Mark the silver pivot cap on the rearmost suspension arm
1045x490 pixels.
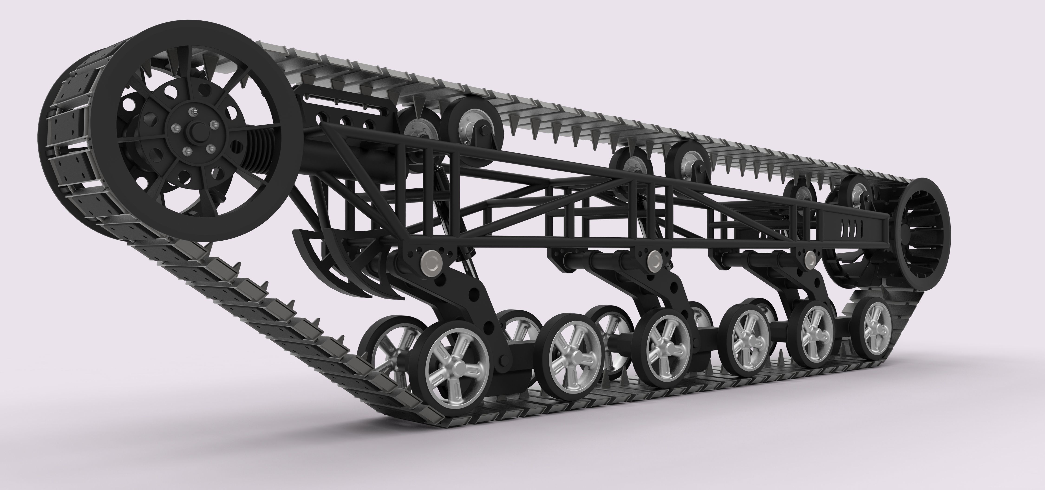(810, 258)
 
